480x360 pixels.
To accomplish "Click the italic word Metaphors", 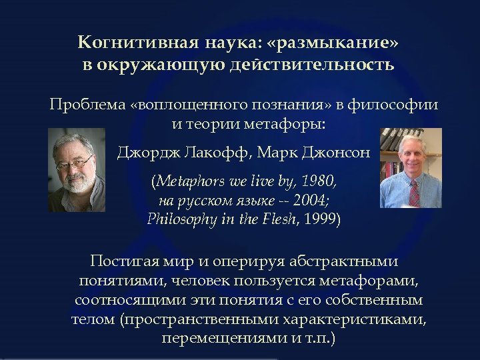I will [x=187, y=181].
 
